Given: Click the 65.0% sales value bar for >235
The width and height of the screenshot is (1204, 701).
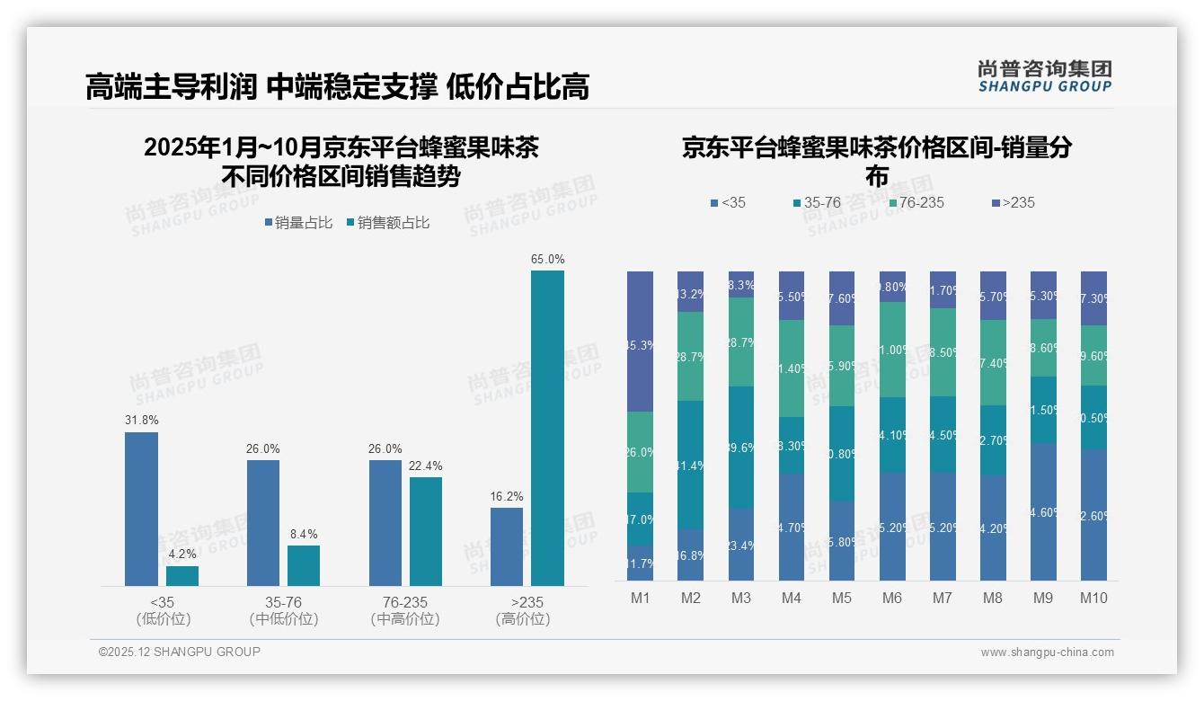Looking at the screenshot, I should (547, 428).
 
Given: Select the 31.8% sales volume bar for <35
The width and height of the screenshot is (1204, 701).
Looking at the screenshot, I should (141, 509).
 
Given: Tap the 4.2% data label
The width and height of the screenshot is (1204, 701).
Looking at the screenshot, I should (182, 555).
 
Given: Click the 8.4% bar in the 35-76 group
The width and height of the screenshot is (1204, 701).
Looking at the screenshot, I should (304, 565).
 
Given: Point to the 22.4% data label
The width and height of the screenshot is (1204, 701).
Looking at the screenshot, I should (426, 466).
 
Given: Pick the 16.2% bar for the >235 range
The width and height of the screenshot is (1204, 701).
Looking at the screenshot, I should (507, 546).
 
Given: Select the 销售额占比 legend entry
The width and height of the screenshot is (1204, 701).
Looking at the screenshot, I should (387, 223).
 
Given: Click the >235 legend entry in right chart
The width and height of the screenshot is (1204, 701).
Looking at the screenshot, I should (1013, 203).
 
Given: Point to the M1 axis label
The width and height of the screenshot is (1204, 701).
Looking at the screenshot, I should (640, 598).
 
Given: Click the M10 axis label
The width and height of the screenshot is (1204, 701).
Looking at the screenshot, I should (1093, 598).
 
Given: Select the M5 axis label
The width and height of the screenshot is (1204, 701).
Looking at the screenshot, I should (842, 598).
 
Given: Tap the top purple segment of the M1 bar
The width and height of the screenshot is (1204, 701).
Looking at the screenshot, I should (641, 342).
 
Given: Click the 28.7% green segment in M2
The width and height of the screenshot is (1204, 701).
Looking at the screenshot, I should (691, 356).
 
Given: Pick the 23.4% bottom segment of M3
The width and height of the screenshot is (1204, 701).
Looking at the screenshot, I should (741, 545).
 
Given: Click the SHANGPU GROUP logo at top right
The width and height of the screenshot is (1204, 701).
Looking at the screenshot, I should (1044, 76).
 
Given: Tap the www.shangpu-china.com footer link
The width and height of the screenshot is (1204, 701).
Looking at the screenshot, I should (1047, 652).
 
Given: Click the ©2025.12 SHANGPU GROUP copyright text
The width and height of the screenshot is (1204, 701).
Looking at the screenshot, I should (180, 652).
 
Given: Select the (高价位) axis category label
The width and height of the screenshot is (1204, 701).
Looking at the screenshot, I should (522, 619).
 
